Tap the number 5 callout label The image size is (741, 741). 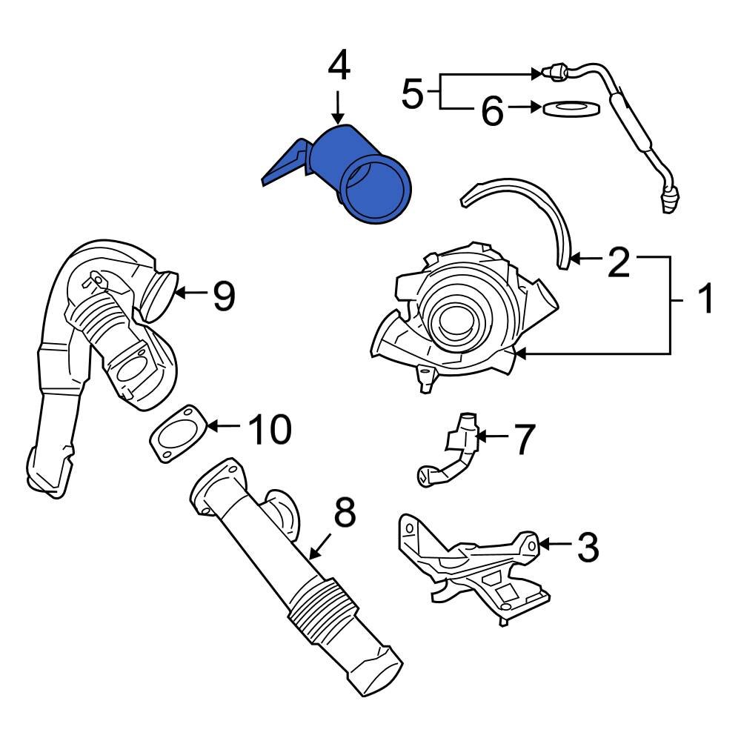click(412, 94)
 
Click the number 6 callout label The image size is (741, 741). click(492, 111)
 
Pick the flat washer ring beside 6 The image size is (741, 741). click(571, 108)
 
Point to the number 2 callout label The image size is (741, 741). click(618, 263)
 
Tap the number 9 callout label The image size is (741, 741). click(223, 296)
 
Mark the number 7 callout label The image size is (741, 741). click(523, 439)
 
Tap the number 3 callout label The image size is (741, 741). click(586, 548)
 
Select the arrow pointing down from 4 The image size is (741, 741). click(338, 107)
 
